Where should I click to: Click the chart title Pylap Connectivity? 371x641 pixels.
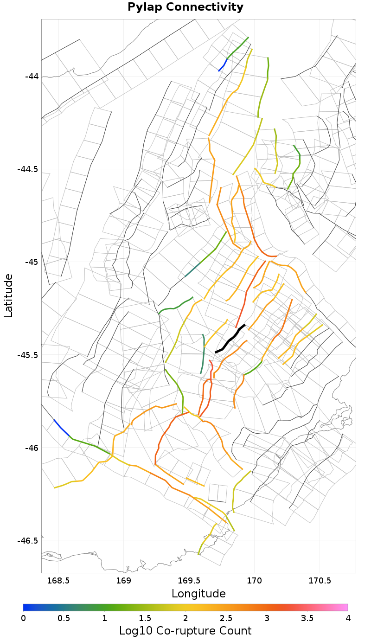coord(185,7)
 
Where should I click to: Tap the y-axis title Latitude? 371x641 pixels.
coord(8,295)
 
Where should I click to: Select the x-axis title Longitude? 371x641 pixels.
coord(198,593)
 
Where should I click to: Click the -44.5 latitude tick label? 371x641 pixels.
coord(28,169)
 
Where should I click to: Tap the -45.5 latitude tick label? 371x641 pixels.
coord(28,355)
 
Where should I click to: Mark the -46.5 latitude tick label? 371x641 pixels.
coord(28,540)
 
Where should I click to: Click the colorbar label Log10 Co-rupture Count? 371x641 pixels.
coord(185,631)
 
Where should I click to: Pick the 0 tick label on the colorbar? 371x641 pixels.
coord(23,618)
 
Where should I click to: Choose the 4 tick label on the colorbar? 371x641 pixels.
coord(348,618)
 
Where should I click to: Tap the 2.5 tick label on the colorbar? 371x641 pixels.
coord(226,618)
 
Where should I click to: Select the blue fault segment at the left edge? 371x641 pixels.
coord(61,428)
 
